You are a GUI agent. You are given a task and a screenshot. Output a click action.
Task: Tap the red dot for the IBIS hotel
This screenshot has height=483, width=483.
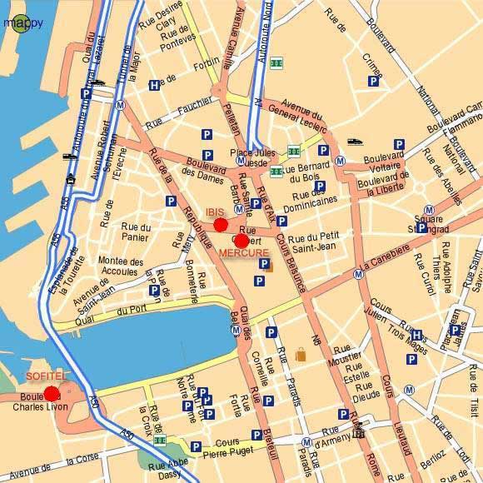(221, 224)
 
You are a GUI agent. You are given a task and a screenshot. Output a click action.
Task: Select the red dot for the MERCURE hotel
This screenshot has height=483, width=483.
(242, 241)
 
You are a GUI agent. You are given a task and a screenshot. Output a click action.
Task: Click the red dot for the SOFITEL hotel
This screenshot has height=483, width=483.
(52, 393)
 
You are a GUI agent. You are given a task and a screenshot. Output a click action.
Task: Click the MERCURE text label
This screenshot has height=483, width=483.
(243, 252)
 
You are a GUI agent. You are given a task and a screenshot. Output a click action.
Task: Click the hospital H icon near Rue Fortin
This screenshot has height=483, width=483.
(154, 85)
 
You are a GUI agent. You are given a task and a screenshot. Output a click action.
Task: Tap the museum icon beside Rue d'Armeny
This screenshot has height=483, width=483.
(359, 431)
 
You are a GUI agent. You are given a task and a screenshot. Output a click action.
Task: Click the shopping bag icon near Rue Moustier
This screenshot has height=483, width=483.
(300, 355)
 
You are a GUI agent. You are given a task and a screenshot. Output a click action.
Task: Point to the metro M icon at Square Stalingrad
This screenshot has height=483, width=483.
(429, 209)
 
